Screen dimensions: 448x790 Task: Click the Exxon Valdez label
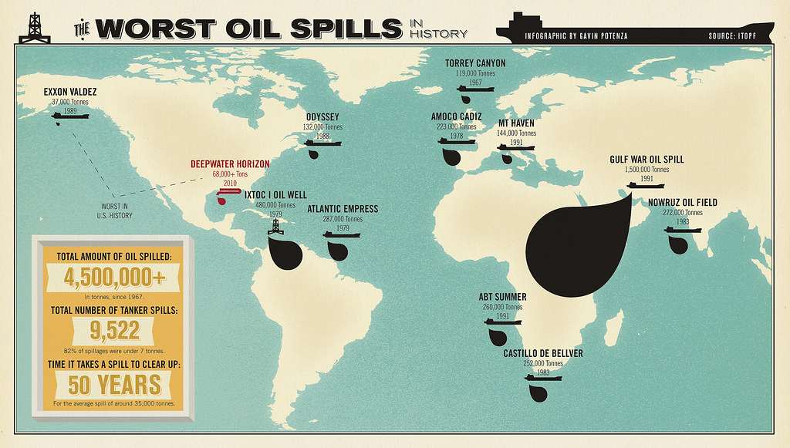[70, 91]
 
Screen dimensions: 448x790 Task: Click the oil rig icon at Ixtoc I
[277, 225]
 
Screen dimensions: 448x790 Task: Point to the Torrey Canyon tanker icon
[475, 89]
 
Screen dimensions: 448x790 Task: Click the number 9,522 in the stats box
[113, 330]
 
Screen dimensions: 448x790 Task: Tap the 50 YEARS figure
[113, 383]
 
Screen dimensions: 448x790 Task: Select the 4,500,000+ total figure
[113, 276]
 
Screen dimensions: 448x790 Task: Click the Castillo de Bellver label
[543, 353]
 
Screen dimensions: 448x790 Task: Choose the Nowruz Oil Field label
[683, 203]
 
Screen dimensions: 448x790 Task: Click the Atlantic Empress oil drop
[336, 250]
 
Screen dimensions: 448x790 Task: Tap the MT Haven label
[516, 123]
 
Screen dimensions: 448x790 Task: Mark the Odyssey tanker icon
[322, 143]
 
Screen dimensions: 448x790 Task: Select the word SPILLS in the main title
[339, 28]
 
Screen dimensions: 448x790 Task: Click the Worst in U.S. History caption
[116, 211]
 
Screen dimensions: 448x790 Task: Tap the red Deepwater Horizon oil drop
[222, 201]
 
